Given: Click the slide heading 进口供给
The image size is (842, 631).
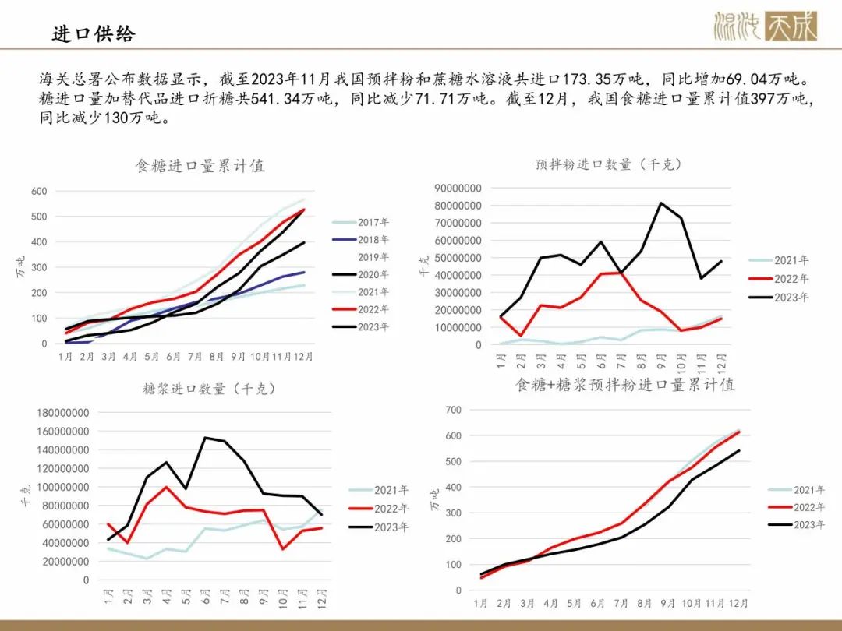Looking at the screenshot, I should (94, 33).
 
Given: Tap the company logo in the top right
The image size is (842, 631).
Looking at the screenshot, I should (766, 26).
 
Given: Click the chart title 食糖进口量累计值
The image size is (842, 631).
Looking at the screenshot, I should (200, 166).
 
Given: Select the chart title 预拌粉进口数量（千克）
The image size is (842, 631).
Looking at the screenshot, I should (608, 164).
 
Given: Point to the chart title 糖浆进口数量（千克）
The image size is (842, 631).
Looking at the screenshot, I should (208, 388).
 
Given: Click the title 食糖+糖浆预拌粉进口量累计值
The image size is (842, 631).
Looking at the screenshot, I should (625, 385).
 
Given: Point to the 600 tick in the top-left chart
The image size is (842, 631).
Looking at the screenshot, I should (38, 191).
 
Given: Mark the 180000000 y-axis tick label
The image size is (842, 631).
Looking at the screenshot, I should (63, 413).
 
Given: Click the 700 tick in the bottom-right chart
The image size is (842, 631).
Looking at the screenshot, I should (453, 410).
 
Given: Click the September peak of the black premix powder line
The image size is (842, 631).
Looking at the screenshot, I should (661, 203).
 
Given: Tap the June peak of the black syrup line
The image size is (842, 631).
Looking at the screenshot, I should (205, 438).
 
